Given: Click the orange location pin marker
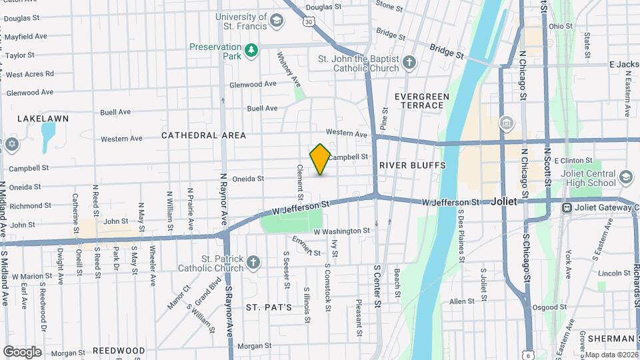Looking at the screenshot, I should click(320, 159).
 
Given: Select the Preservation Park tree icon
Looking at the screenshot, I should click(251, 51).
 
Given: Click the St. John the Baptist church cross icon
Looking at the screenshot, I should click(409, 63).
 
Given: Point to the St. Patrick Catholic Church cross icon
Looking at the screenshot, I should click(253, 262).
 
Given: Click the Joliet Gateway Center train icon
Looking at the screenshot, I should click(567, 207).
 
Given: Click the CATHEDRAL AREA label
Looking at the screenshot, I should click(203, 135).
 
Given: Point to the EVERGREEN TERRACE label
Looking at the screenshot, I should click(422, 101).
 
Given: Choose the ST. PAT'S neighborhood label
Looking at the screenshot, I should click(269, 307).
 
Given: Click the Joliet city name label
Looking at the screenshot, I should click(509, 201).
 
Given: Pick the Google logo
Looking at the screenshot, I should click(22, 351).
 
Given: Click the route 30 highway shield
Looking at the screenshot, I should click(308, 22).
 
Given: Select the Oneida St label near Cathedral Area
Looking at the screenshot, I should click(248, 179).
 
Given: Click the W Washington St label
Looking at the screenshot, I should click(341, 231).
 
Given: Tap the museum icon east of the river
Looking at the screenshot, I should click(507, 123).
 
